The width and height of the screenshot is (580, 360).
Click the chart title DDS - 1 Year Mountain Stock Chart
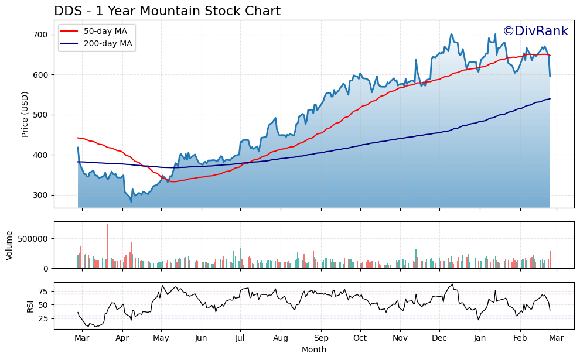click(167, 11)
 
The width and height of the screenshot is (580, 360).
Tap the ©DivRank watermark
click(535, 32)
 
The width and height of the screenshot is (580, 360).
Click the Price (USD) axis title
click(25, 114)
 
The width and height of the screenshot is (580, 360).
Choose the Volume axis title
click(9, 245)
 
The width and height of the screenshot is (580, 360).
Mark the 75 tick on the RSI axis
click(42, 292)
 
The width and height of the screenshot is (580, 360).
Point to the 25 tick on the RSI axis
click(42, 318)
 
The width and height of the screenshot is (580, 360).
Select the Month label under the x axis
click(314, 350)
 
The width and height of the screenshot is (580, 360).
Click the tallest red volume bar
click(108, 246)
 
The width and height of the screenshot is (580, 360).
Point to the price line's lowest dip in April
click(131, 202)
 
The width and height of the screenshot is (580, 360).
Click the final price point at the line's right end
click(550, 76)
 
